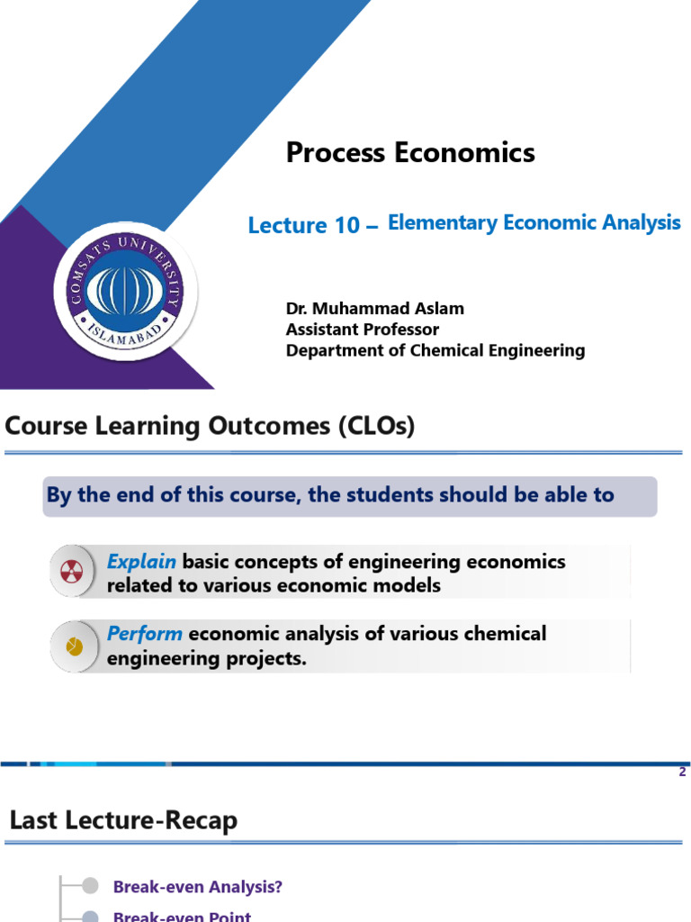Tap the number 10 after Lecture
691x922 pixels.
click(x=346, y=226)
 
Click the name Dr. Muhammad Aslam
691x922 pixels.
click(x=375, y=308)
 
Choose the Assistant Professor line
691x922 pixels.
click(x=363, y=330)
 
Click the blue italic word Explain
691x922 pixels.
click(x=141, y=562)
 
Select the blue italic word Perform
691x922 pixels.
click(x=145, y=633)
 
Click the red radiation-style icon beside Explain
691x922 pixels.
click(x=73, y=571)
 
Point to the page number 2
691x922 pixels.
click(x=683, y=773)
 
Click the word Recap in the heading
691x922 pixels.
click(x=204, y=821)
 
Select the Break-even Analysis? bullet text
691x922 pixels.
click(x=198, y=887)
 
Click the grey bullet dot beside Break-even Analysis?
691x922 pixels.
click(x=90, y=887)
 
